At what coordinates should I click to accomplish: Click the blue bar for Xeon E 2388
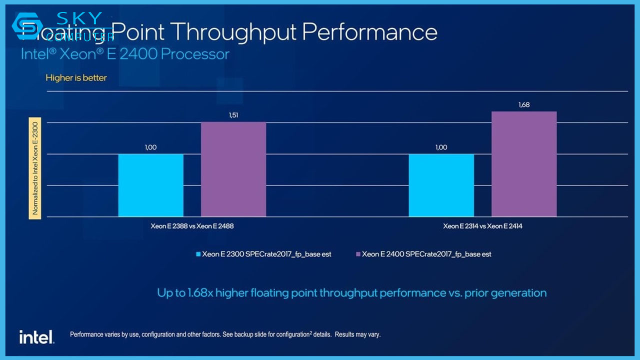150,185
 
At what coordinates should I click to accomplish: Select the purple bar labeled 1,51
233,169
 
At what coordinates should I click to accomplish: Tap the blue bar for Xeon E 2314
441,185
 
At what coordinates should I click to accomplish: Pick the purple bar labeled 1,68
524,164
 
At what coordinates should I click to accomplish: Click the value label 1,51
233,115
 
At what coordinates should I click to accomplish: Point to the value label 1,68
524,105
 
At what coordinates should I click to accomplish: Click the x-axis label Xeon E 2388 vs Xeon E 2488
192,226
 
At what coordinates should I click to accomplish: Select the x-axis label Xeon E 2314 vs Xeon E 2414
482,226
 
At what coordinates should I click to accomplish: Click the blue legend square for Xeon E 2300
198,254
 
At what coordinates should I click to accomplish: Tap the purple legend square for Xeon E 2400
357,254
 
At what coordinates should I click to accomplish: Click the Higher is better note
76,78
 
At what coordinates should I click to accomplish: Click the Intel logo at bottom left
36,337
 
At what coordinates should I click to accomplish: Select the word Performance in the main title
369,32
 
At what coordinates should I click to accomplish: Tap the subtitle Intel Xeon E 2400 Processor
124,54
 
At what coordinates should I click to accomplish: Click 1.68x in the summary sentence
200,293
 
